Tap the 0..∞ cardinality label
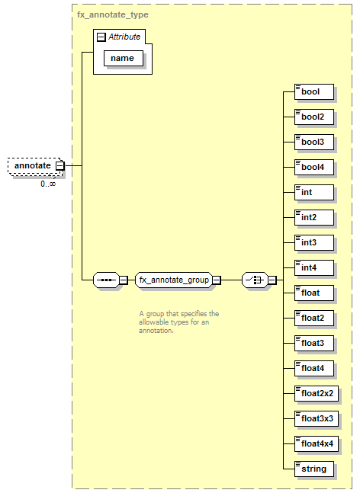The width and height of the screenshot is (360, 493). click(48, 184)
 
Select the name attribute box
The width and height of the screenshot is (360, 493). click(124, 58)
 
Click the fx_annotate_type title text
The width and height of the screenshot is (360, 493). click(113, 14)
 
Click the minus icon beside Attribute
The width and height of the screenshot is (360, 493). click(101, 37)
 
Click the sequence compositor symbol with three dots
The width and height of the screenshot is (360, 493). click(106, 280)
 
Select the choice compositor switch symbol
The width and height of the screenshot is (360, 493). click(255, 280)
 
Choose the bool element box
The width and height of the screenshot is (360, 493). click(314, 91)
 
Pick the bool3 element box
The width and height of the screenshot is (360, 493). click(314, 142)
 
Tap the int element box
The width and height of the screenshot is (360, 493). click(314, 193)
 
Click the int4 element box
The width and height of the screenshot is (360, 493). click(314, 268)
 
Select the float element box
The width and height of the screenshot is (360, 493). click(314, 293)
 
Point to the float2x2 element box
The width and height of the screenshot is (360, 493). click(317, 394)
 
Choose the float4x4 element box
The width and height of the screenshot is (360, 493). click(317, 444)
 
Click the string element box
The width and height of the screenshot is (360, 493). click(314, 469)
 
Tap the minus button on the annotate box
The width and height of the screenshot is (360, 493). click(59, 165)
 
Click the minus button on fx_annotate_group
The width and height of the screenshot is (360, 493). click(217, 280)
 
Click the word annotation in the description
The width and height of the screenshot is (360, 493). click(156, 331)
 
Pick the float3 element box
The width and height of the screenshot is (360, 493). click(314, 344)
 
